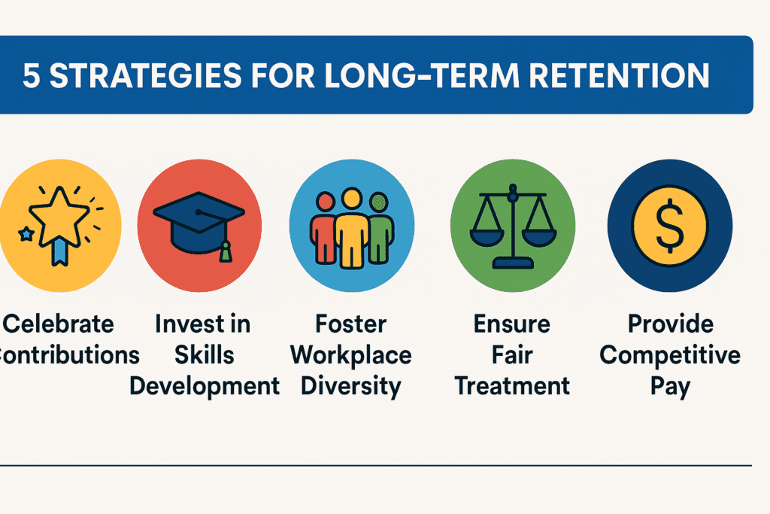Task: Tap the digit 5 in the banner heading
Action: (x=31, y=76)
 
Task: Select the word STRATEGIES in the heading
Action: (x=146, y=75)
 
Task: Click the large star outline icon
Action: (x=59, y=214)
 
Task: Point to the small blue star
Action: (x=26, y=234)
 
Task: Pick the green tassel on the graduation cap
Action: (x=226, y=251)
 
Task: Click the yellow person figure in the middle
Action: (x=352, y=229)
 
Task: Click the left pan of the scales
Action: (x=487, y=238)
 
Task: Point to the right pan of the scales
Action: (x=539, y=238)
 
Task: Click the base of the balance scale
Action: (x=513, y=263)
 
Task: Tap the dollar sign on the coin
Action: (x=670, y=226)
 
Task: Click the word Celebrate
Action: (x=59, y=324)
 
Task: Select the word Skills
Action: (x=205, y=354)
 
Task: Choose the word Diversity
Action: (x=350, y=387)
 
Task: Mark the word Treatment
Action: (x=512, y=386)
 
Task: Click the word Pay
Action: (x=670, y=387)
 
